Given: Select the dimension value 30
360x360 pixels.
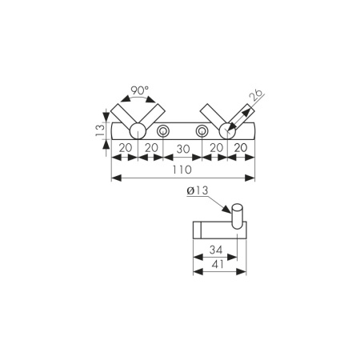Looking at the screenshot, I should pyautogui.click(x=183, y=149).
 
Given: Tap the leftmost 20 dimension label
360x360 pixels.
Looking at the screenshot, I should pyautogui.click(x=126, y=149).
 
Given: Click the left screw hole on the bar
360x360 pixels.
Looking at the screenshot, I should pyautogui.click(x=163, y=131).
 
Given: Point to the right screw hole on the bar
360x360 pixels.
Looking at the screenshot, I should pyautogui.click(x=202, y=131).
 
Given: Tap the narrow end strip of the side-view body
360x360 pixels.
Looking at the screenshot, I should pyautogui.click(x=196, y=229).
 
